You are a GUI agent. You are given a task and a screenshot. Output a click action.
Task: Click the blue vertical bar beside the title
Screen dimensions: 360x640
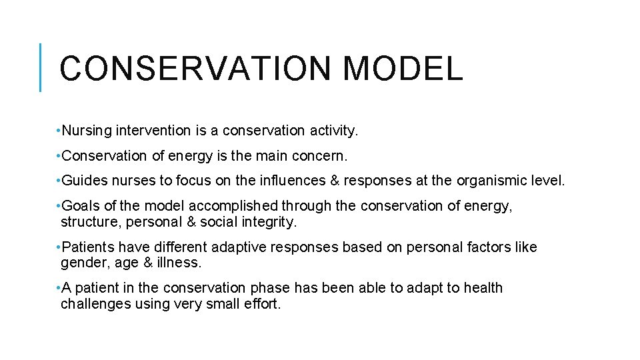coord(41,67)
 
